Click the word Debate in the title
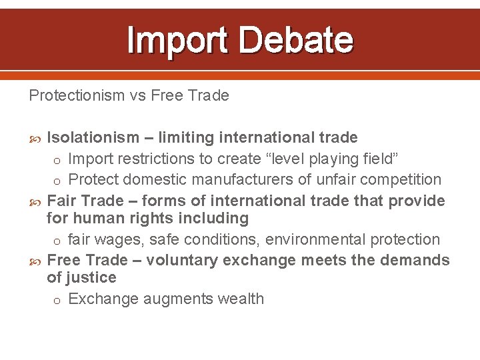pos(295,39)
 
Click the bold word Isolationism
pos(93,138)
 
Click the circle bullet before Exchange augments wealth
pos(57,300)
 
